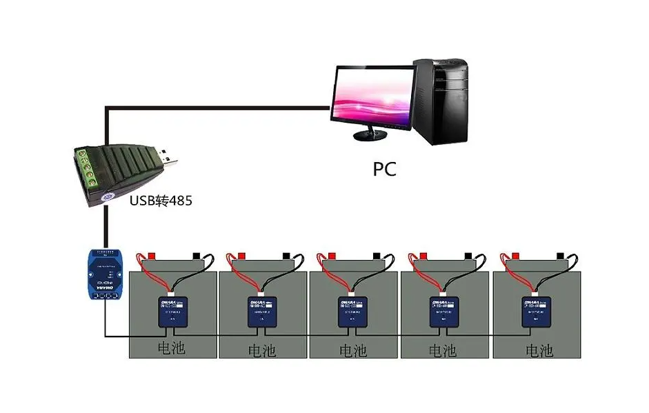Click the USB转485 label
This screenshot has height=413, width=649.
[161, 201]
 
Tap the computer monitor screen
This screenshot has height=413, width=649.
[372, 96]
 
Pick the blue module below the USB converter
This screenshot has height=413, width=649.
[104, 274]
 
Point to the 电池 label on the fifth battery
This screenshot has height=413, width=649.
[539, 350]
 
